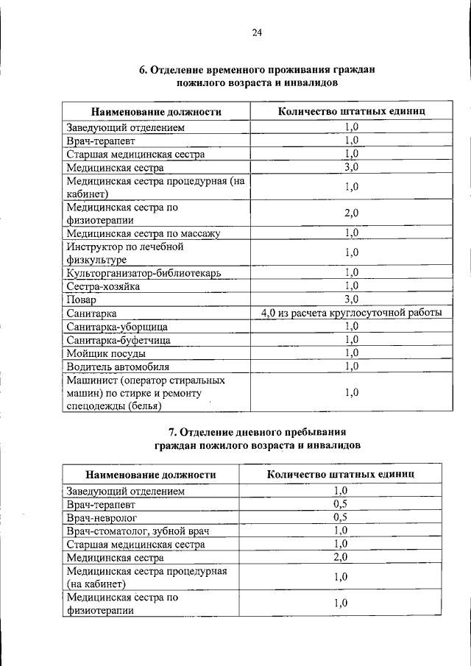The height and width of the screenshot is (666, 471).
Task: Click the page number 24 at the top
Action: [x=256, y=32]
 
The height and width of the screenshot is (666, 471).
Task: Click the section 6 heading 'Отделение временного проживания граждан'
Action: [x=257, y=71]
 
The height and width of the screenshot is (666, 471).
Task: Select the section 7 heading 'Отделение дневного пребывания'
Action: [x=257, y=432]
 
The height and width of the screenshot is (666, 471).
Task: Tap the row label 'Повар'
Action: [x=81, y=300]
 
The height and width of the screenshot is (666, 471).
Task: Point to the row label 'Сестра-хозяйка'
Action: [x=102, y=286]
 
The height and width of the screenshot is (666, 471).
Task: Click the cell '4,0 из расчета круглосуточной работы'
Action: [x=351, y=313]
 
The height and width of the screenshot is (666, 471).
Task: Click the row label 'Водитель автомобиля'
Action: [x=118, y=366]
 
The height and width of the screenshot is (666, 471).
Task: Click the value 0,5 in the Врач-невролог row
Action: [x=340, y=517]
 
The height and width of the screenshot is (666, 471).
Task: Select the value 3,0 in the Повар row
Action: [x=351, y=299]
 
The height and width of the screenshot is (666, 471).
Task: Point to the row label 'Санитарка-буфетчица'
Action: [x=118, y=339]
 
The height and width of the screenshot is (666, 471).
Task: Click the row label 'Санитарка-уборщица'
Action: [x=117, y=326]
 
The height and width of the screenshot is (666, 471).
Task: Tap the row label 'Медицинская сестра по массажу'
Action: [x=143, y=233]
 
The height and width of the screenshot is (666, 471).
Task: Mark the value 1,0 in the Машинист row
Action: [x=351, y=392]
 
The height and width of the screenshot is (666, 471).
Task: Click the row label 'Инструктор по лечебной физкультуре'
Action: [x=124, y=253]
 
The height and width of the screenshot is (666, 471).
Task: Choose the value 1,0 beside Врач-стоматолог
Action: [x=340, y=531]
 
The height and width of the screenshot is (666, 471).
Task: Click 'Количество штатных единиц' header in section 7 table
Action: [x=340, y=475]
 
